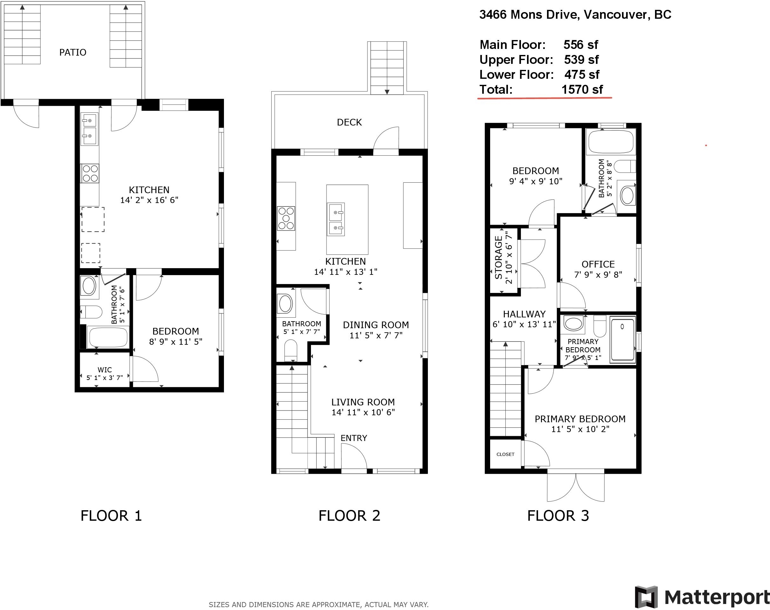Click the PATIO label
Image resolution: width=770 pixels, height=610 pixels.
click(73, 52)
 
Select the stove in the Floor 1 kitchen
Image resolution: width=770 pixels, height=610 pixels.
click(90, 173)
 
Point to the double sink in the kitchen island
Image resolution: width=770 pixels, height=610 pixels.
click(336, 219)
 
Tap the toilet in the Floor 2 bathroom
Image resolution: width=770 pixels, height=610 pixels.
click(291, 350)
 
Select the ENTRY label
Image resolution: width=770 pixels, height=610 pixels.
click(354, 438)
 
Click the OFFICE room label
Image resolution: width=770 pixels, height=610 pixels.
click(598, 264)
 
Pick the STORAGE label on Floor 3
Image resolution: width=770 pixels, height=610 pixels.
click(499, 257)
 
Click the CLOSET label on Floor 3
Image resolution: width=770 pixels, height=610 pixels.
click(505, 454)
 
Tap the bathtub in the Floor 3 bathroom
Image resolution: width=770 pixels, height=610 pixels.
click(611, 142)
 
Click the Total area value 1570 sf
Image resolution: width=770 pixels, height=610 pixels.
click(582, 89)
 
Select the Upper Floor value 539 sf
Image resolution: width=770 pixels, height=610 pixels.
click(581, 60)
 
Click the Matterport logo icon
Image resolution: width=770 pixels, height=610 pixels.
click(646, 597)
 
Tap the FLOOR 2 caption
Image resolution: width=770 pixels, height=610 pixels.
click(349, 516)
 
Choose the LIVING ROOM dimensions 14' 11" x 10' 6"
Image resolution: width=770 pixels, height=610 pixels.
click(363, 412)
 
